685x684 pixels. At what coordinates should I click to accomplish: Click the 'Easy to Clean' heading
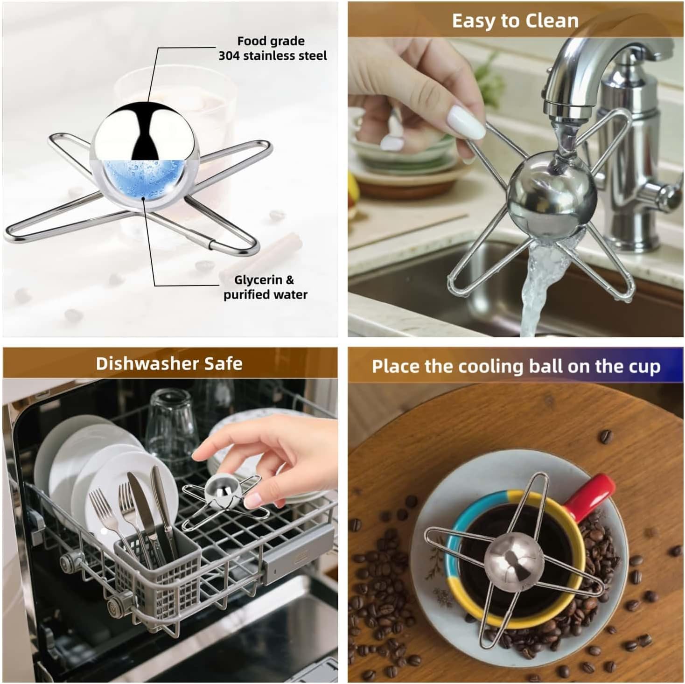[515, 21]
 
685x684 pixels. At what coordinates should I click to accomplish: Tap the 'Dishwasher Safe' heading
[169, 363]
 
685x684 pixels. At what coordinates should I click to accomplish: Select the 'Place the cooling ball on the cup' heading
[516, 366]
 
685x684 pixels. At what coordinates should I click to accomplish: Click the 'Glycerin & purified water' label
[266, 287]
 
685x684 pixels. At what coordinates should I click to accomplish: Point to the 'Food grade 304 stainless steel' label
[273, 49]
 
